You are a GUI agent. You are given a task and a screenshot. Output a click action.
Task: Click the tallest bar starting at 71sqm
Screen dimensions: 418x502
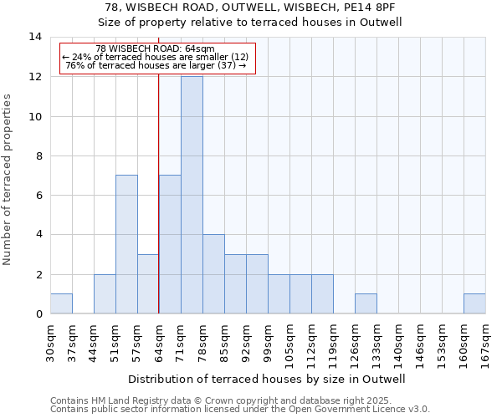point(192,195)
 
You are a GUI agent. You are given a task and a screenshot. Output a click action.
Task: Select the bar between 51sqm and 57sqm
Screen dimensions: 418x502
point(126,244)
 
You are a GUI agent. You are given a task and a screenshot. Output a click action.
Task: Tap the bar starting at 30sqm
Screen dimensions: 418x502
point(61,303)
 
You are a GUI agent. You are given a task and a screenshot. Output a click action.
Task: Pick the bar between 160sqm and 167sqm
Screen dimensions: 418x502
point(474,303)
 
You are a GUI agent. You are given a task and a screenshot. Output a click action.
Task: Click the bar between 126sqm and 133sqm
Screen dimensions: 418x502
point(366,303)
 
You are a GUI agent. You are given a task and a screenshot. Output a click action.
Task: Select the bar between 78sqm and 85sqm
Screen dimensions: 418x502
point(213,274)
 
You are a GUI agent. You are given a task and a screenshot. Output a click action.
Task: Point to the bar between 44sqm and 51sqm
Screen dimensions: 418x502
point(105,293)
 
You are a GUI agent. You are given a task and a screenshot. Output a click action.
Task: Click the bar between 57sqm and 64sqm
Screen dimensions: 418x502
point(148,284)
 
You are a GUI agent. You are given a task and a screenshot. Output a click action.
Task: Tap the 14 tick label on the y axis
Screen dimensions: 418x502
point(35,37)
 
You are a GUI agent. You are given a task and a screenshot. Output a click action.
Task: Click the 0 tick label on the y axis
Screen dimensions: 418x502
point(38,314)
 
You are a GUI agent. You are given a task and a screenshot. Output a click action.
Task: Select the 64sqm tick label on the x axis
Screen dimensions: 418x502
point(159,341)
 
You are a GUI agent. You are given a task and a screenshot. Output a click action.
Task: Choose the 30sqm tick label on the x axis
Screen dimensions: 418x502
point(50,341)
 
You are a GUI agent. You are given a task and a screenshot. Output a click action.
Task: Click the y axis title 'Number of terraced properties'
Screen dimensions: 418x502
point(8,180)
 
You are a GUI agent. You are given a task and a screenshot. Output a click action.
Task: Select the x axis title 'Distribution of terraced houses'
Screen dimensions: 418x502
point(267,379)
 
